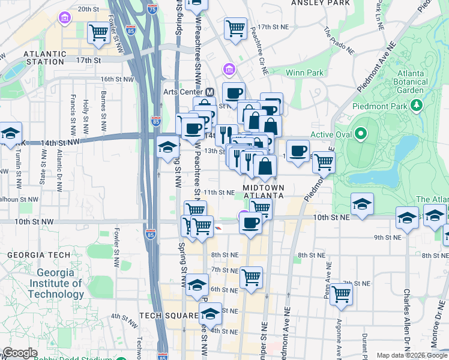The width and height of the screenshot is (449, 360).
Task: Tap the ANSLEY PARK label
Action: coord(320,3)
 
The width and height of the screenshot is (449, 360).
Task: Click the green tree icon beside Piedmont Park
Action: coord(416,106)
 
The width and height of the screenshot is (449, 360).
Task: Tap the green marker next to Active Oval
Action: coord(360,133)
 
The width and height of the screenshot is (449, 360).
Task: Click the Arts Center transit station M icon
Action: coord(209,92)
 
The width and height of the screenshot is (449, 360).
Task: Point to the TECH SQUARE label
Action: coord(168,316)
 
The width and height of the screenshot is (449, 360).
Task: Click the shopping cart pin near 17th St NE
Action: coord(235,28)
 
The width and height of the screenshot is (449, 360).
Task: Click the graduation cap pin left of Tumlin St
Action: coord(10,134)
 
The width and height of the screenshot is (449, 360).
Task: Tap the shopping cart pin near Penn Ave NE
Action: coord(341,294)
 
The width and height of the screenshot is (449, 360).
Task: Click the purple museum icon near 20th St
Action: coord(64,19)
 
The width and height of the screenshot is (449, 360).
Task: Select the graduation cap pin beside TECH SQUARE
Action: coord(209,314)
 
